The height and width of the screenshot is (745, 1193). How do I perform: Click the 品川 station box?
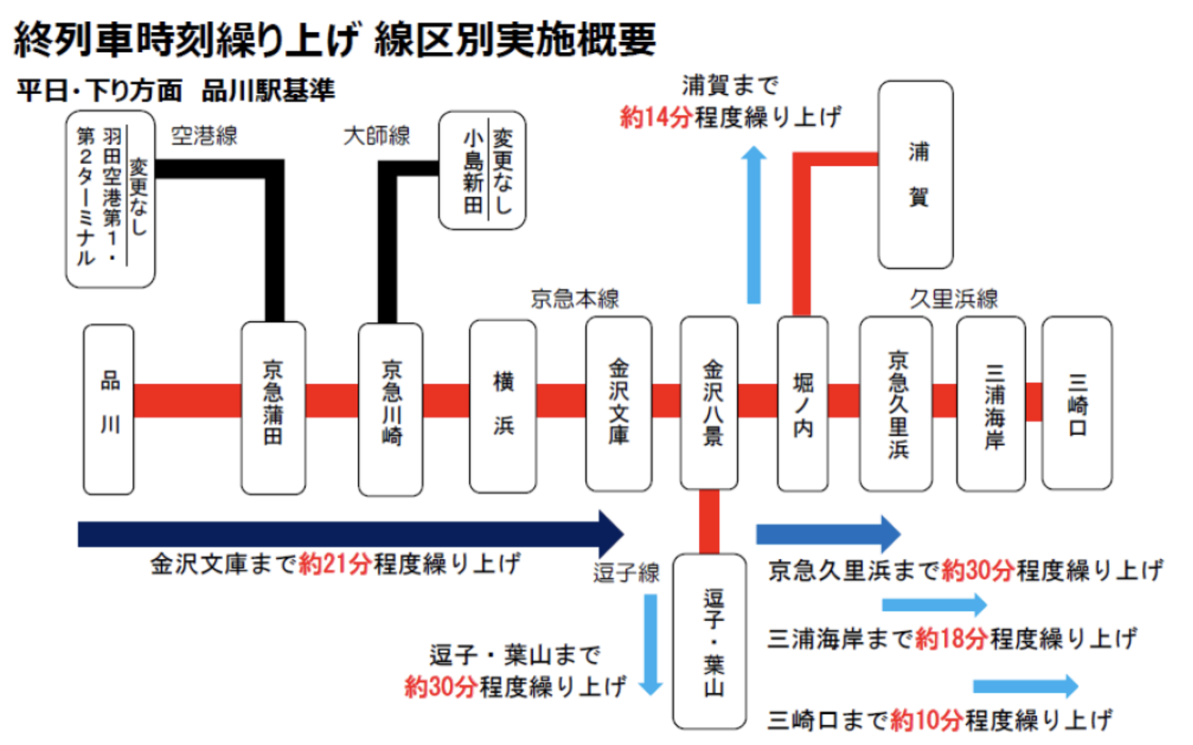click(x=109, y=409)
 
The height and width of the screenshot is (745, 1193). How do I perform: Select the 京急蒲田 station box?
click(x=273, y=408)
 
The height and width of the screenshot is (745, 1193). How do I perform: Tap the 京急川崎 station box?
click(x=391, y=409)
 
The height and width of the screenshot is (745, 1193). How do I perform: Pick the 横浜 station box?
click(x=503, y=406)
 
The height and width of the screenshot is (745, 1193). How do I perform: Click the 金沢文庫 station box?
click(x=619, y=404)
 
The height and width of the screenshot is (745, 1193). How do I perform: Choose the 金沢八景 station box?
click(x=709, y=403)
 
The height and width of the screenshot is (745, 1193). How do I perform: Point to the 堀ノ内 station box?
click(x=803, y=404)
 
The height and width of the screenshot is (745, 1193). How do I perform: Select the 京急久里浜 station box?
click(x=896, y=404)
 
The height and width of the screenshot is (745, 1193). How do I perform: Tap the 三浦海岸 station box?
click(x=991, y=404)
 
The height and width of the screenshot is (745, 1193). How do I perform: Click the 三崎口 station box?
click(x=1077, y=403)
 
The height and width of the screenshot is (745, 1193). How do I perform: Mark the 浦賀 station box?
click(x=916, y=175)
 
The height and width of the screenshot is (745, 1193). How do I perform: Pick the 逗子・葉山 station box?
click(x=710, y=641)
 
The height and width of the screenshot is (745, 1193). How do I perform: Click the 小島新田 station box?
click(x=482, y=170)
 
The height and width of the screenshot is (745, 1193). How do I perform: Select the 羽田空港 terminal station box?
click(x=111, y=199)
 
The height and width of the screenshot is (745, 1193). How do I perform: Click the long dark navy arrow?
click(x=351, y=534)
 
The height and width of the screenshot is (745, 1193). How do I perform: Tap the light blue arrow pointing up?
click(x=754, y=224)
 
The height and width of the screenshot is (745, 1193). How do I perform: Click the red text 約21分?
click(x=335, y=564)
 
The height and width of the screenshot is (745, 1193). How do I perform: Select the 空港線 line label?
click(x=204, y=135)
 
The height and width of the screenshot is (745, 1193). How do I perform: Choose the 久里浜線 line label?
click(x=954, y=298)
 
